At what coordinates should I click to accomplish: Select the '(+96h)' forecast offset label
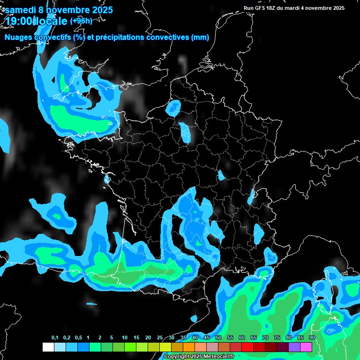pos(81,20)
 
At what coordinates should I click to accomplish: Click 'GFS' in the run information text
pos(261,8)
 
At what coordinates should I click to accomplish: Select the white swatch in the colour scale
pos(48,347)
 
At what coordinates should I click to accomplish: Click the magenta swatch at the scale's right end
pos(306,347)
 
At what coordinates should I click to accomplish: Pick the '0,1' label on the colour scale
pos(55,338)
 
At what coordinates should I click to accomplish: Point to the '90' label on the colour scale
pos(312,338)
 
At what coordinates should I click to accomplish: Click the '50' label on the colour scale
pos(218,338)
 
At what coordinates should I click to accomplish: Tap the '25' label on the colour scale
pos(160,338)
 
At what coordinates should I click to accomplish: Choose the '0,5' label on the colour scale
pos(78,338)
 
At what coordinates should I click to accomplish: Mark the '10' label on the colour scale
pos(125,338)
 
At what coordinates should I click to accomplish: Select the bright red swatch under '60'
pos(247,347)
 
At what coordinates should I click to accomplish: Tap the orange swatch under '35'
pos(189,347)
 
